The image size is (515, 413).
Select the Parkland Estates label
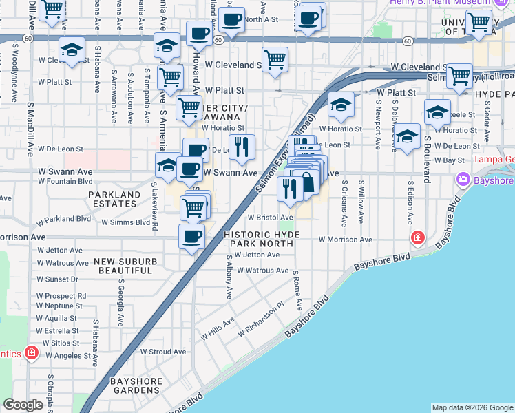114,199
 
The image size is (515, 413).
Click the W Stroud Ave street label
163,351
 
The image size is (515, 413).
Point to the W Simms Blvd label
125,222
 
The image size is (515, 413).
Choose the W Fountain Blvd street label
65,181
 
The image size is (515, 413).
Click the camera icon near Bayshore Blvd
463,180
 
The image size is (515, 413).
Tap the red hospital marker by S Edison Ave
417,238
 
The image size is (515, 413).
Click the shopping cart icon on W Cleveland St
275,59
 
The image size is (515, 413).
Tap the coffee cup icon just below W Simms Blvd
191,237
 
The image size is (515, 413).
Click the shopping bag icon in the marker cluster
308,183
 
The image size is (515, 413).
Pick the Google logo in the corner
23,405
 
